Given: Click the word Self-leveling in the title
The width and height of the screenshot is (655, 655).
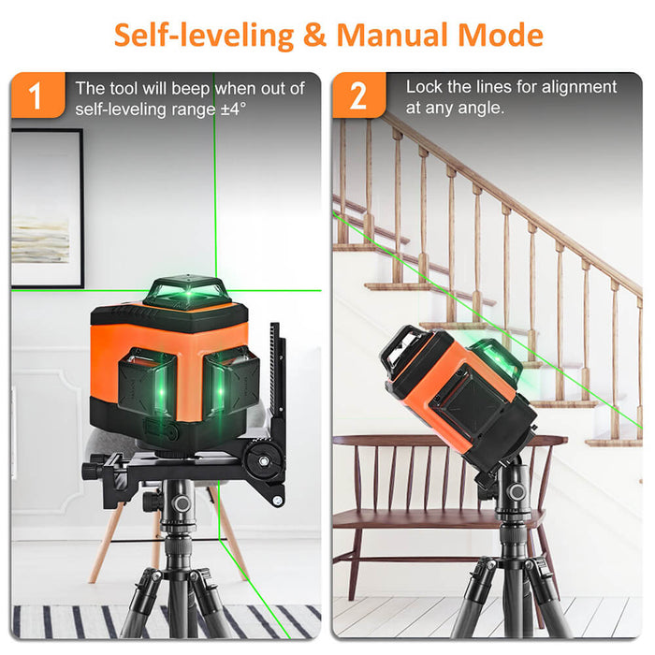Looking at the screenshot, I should [x=203, y=35].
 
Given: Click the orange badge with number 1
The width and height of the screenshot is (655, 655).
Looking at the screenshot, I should [x=36, y=95].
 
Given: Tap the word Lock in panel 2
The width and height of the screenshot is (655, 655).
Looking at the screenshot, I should [x=424, y=87].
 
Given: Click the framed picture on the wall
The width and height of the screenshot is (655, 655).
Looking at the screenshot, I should [x=46, y=208].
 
